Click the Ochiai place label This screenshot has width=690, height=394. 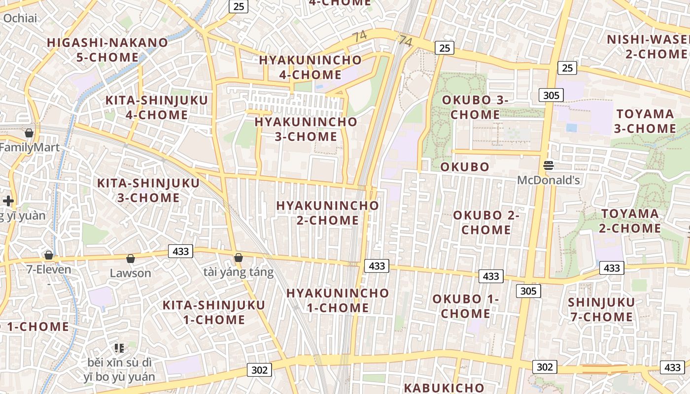coord(20,18)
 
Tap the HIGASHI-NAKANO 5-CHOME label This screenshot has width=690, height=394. coord(107,50)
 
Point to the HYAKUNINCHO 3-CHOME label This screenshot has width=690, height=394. coord(306,129)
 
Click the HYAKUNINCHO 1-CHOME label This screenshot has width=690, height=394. coord(338,300)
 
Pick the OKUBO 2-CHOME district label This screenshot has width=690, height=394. coord(486,223)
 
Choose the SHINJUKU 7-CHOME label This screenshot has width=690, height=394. coord(601,309)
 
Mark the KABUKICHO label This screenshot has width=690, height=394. coord(444,388)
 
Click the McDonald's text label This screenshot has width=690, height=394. coord(548,180)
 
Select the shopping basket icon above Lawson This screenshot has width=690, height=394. coord(131,259)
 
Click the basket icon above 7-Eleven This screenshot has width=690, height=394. coord(49,255)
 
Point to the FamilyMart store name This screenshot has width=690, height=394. coord(30,147)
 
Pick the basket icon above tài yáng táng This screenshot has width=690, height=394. coord(239,258)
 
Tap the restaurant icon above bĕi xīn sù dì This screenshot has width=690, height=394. coord(119,348)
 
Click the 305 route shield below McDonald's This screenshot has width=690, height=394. coord(528,291)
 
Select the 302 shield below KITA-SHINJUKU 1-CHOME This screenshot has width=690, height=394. coord(259,370)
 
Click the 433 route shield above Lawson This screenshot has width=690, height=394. coord(180,251)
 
